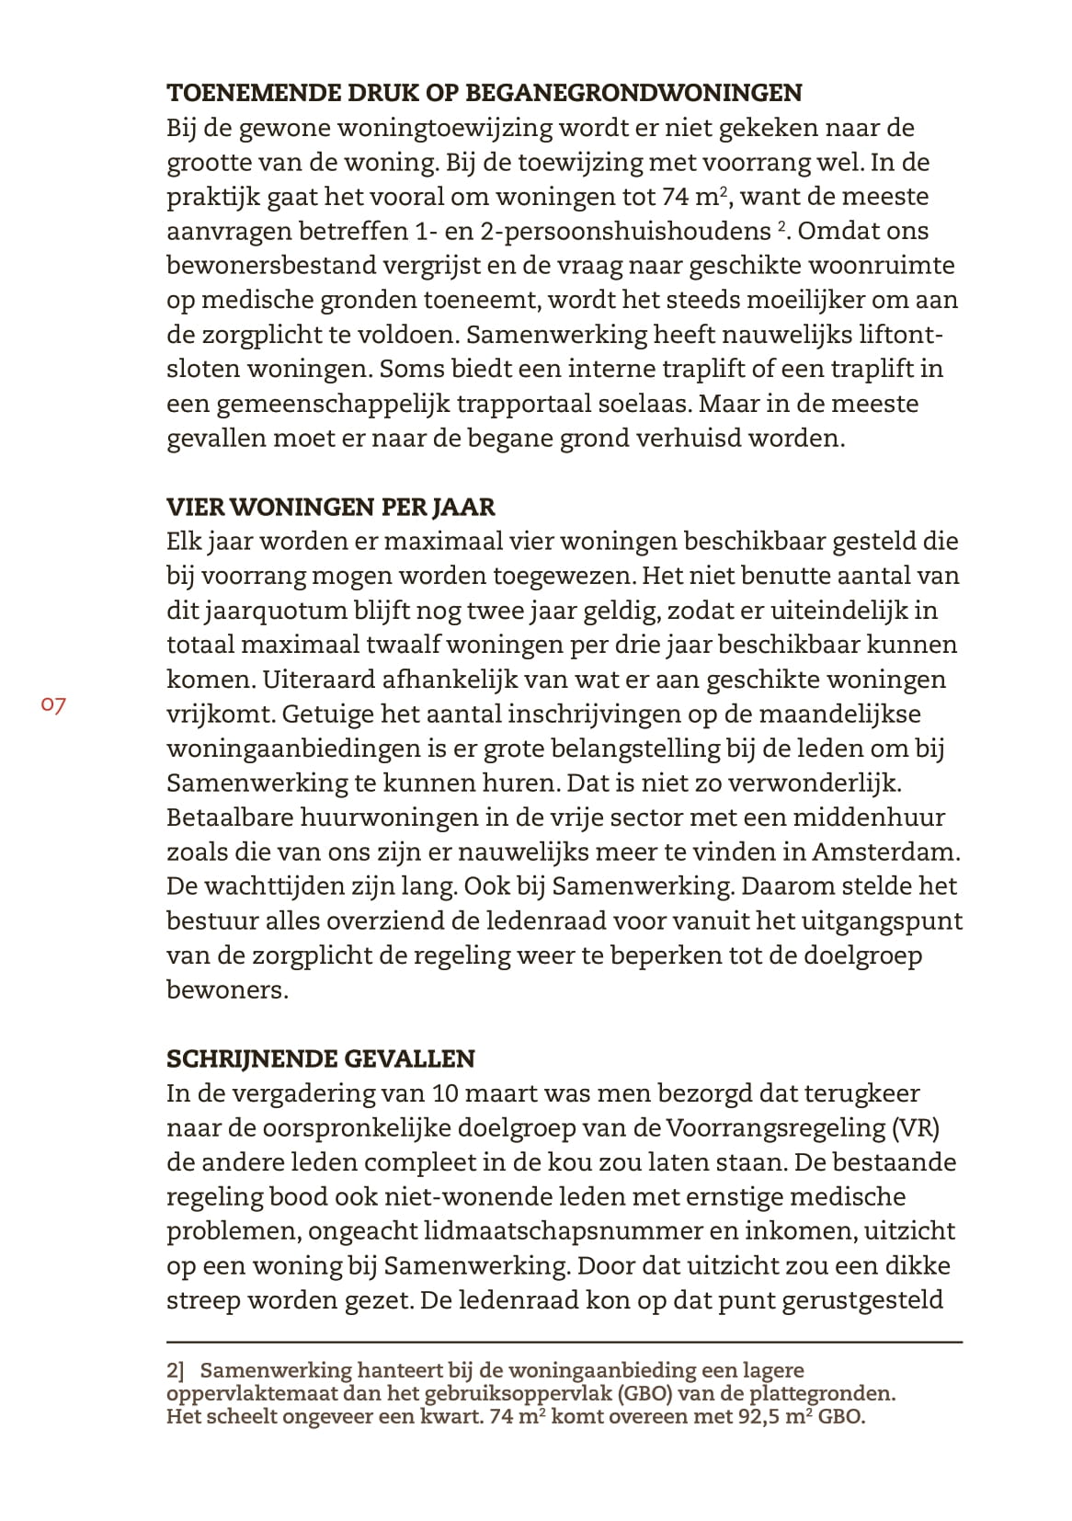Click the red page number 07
52,705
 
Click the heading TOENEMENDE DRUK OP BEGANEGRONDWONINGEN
484,93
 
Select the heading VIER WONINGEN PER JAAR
330,507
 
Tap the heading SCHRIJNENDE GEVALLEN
320,1058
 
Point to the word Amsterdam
884,852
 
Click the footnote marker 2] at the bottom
176,1370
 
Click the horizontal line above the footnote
565,1343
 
